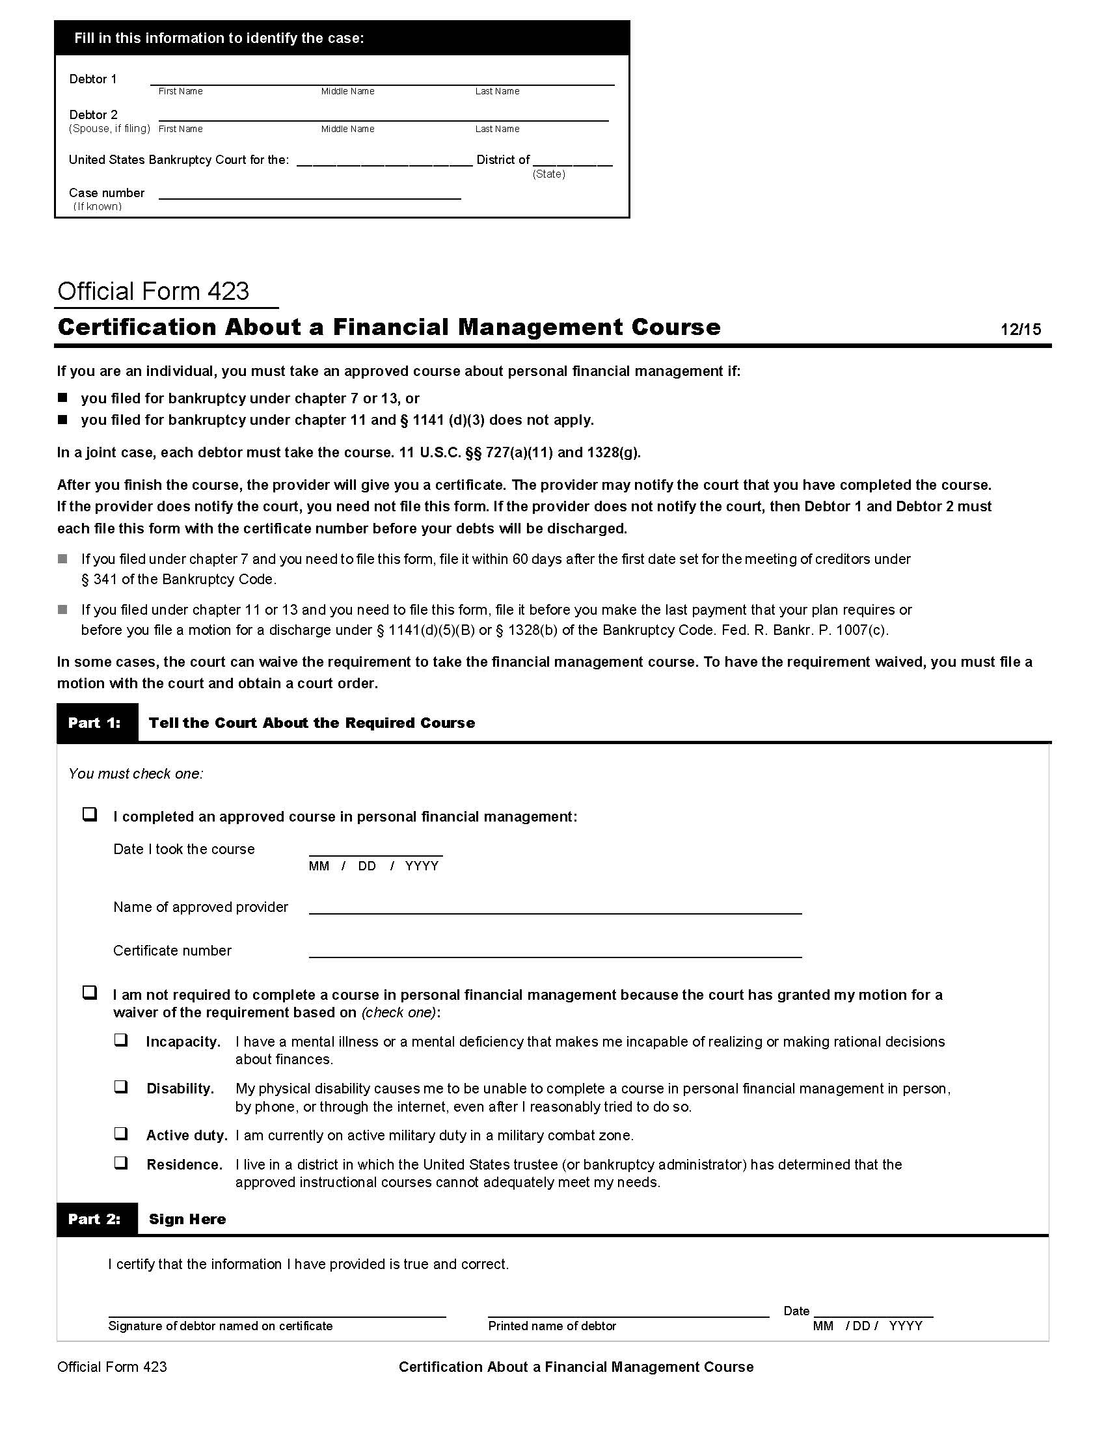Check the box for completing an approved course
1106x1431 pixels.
pyautogui.click(x=90, y=814)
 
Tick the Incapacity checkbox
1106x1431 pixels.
pyautogui.click(x=121, y=1040)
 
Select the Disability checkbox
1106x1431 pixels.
pyautogui.click(x=121, y=1086)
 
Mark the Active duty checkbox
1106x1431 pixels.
pyautogui.click(x=121, y=1134)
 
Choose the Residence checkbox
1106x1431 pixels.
pyautogui.click(x=121, y=1163)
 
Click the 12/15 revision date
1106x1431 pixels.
pyautogui.click(x=1020, y=330)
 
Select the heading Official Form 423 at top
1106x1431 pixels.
pyautogui.click(x=154, y=291)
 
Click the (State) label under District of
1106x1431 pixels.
pyautogui.click(x=548, y=174)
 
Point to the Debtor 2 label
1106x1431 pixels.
pyautogui.click(x=94, y=114)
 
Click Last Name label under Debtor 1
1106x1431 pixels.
pyautogui.click(x=496, y=92)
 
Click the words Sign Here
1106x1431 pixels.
pyautogui.click(x=187, y=1220)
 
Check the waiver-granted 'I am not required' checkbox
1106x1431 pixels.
pyautogui.click(x=90, y=993)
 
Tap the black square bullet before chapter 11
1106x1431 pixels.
pyautogui.click(x=63, y=420)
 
